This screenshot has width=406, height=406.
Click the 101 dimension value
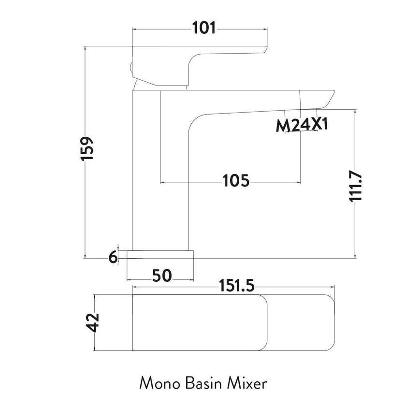pyautogui.click(x=203, y=29)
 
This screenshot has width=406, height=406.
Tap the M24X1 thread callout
pyautogui.click(x=302, y=125)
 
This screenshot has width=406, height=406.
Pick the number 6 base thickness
pyautogui.click(x=113, y=258)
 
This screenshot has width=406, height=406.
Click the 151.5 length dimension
pyautogui.click(x=233, y=287)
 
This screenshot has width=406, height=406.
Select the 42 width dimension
pyautogui.click(x=93, y=322)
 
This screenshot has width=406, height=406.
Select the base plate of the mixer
pyautogui.click(x=160, y=254)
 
